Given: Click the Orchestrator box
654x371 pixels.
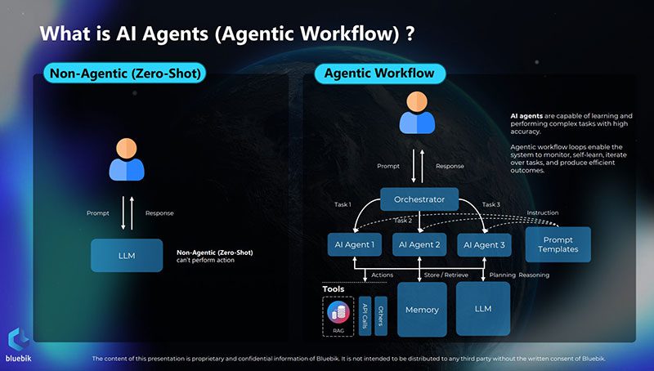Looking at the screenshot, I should [419, 199].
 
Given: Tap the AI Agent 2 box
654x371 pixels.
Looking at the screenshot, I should [419, 244].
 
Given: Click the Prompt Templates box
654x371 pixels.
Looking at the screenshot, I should [558, 244].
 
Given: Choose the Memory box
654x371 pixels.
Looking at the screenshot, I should [422, 310].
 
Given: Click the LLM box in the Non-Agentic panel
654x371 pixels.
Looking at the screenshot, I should [126, 255].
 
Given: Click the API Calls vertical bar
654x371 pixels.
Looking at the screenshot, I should [365, 315].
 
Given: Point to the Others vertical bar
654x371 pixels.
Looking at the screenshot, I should [381, 315].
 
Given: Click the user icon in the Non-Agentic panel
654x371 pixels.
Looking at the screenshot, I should [126, 159].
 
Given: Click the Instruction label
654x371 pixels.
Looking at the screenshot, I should [542, 212].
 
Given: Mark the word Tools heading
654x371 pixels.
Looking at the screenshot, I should [333, 288].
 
